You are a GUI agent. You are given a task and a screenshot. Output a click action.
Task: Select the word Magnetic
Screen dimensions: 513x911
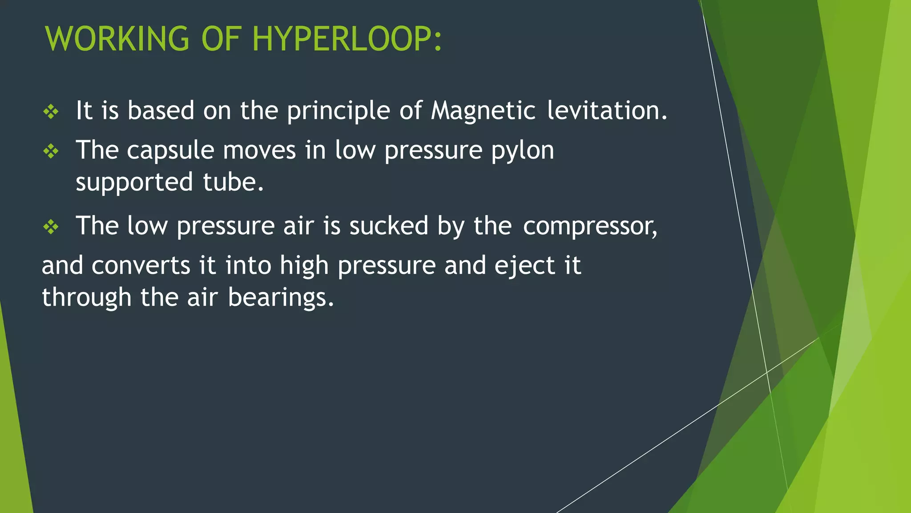(483, 110)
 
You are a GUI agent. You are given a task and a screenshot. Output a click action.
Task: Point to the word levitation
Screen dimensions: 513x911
(607, 110)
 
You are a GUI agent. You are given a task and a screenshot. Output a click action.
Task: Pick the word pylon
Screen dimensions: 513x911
(523, 151)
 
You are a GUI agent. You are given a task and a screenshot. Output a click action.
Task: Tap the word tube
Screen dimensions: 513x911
(233, 182)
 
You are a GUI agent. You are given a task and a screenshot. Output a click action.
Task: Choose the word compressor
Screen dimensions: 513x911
(590, 226)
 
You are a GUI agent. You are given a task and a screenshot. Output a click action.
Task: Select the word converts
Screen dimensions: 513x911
(141, 266)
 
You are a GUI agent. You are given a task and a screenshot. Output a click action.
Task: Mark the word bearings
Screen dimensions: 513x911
(281, 298)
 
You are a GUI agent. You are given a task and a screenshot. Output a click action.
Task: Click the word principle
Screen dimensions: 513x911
(339, 111)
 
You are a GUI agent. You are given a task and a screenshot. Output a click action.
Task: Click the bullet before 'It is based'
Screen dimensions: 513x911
(51, 111)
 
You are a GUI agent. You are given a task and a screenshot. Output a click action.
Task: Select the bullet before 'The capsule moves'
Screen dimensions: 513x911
(51, 151)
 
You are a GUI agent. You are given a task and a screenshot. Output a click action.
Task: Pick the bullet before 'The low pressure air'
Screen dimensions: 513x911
(51, 227)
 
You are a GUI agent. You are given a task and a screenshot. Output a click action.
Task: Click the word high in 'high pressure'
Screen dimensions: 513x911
(304, 266)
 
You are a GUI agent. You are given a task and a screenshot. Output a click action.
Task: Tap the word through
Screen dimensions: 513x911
(87, 298)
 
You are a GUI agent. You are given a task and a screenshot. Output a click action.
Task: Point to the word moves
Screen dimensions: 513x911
(259, 151)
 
